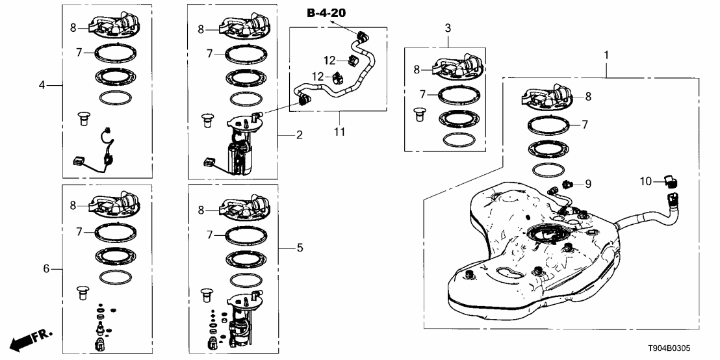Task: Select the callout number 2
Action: tap(300, 135)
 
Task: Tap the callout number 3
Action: tap(447, 28)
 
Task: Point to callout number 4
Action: tap(42, 84)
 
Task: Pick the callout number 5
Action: tap(300, 248)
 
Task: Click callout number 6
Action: tap(46, 268)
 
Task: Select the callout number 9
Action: tap(587, 184)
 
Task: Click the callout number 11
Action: tap(339, 132)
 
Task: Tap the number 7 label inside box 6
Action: tap(79, 231)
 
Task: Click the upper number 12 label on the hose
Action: tap(330, 60)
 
